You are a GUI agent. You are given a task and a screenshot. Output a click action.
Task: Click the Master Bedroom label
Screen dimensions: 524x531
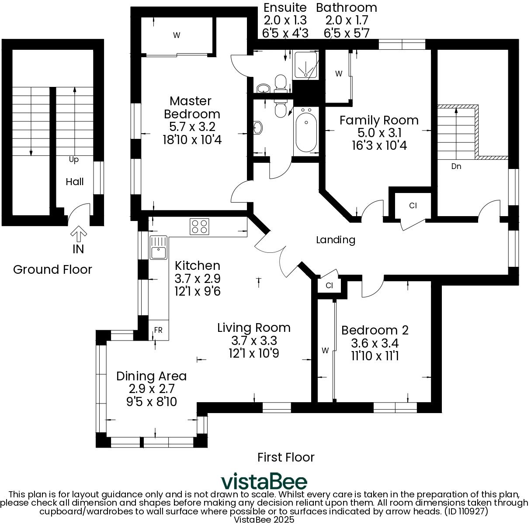point(192,107)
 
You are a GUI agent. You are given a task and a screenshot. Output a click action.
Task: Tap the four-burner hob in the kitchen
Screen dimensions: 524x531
point(199,226)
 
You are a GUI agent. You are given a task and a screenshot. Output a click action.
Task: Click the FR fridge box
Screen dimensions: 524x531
point(158,331)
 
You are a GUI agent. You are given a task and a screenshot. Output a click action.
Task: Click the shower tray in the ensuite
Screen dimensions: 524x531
point(306,65)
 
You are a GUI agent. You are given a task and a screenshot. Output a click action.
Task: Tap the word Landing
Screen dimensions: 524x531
point(335,240)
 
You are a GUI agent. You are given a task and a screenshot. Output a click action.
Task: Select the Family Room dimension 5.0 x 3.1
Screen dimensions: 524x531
point(379,133)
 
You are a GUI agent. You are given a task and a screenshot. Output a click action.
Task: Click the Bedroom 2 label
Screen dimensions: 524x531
point(375,330)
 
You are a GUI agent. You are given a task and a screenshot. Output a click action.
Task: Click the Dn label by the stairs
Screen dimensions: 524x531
point(456,166)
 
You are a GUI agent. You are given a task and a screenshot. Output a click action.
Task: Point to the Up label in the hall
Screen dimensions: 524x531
point(74,160)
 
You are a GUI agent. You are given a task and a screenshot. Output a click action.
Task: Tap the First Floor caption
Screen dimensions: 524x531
point(286,457)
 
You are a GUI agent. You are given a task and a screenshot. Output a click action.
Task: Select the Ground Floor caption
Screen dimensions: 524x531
point(52,269)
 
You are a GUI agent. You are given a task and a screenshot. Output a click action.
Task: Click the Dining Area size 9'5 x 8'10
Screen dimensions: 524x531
point(151,401)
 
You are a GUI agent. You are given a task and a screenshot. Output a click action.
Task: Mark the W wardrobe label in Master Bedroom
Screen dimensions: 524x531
point(176,36)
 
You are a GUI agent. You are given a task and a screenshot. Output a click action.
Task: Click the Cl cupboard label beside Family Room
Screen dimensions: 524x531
point(413,206)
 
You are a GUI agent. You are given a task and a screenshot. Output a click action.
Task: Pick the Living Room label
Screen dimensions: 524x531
point(253,327)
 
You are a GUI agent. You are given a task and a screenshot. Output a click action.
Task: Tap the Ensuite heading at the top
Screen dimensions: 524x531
point(285,7)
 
